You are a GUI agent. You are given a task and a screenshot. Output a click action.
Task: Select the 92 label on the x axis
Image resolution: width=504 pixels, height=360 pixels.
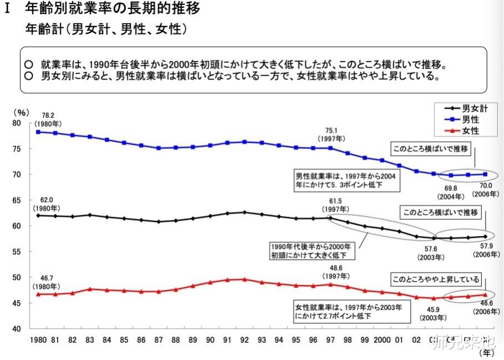(244, 339)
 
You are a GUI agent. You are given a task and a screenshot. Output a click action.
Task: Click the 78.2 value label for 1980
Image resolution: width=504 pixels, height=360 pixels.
(42, 116)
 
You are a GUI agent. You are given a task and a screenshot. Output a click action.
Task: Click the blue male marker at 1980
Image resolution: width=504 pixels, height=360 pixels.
(38, 132)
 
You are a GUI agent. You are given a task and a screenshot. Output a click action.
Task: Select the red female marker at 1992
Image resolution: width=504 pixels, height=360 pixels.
(244, 279)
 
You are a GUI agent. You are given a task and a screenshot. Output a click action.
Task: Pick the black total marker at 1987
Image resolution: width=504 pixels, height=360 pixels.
(158, 222)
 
